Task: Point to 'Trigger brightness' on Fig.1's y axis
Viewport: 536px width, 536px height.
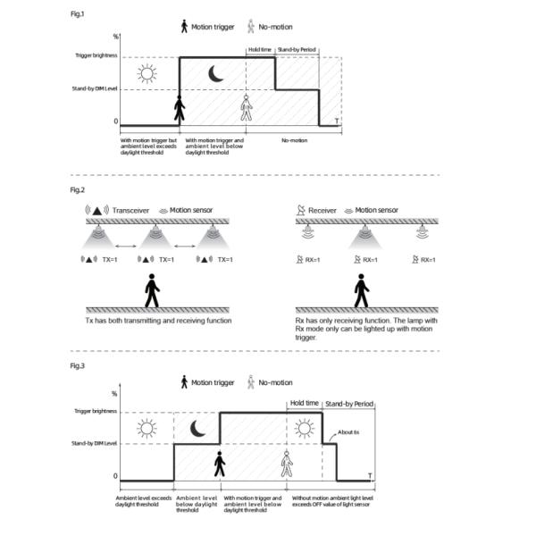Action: pyautogui.click(x=94, y=56)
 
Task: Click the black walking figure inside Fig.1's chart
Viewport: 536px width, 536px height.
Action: pyautogui.click(x=180, y=109)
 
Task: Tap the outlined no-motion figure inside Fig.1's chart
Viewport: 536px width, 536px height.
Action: pyautogui.click(x=247, y=109)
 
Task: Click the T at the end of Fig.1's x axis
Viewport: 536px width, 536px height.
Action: pyautogui.click(x=336, y=121)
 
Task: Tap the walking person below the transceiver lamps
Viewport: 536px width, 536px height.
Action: pyautogui.click(x=152, y=290)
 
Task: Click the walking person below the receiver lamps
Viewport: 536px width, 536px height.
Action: pyautogui.click(x=361, y=290)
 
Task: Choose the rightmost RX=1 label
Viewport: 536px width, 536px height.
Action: pyautogui.click(x=428, y=259)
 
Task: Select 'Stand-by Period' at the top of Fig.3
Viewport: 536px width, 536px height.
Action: pyautogui.click(x=348, y=404)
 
